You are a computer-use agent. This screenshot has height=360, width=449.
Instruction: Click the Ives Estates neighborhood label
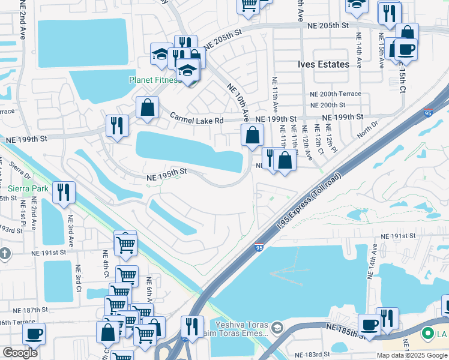[x=324, y=64]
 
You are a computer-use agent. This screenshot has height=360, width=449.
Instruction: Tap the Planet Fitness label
[x=153, y=80]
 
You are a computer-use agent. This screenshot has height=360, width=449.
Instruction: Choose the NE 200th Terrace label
[x=336, y=94]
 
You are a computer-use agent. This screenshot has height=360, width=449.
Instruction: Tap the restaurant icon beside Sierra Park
[x=64, y=192]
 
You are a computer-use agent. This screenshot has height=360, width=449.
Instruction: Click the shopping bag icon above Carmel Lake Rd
[x=147, y=108]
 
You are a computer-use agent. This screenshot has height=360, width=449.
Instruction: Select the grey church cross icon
[x=5, y=253]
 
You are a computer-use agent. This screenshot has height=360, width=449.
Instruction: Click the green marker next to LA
[x=428, y=332]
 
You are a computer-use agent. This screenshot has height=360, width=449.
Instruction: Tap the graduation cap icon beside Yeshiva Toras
[x=277, y=328]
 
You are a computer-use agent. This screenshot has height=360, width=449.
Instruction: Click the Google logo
[x=20, y=353]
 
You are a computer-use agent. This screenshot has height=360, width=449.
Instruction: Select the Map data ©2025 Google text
[x=412, y=355]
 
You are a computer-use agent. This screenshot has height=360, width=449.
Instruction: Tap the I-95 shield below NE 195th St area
[x=259, y=247]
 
